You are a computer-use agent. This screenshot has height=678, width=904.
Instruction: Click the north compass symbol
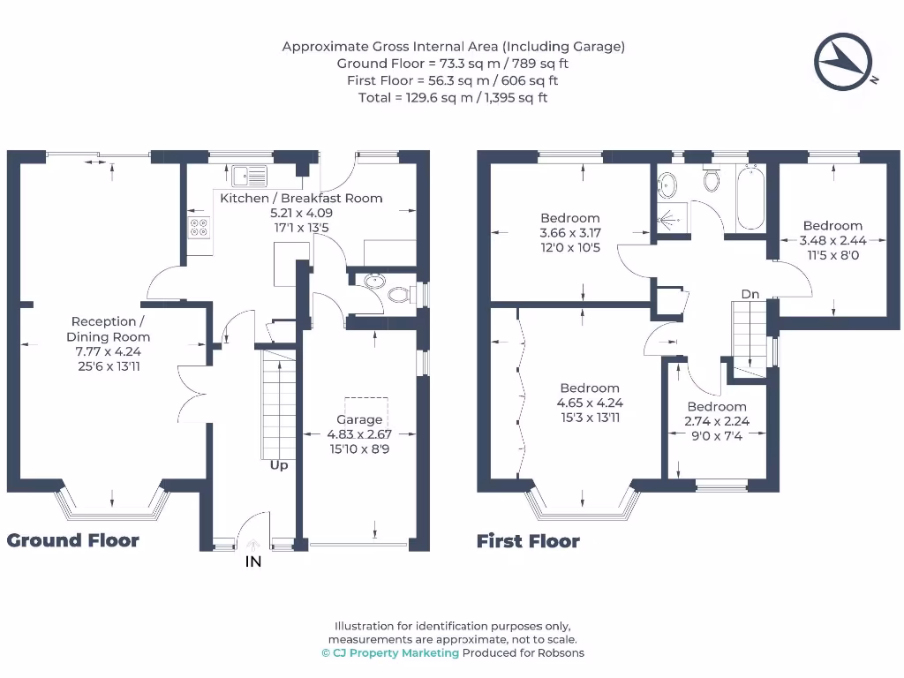pyautogui.click(x=843, y=62)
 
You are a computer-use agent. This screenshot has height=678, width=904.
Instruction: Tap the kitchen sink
pyautogui.click(x=249, y=177)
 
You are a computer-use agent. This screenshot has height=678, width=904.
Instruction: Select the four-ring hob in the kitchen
pyautogui.click(x=199, y=227)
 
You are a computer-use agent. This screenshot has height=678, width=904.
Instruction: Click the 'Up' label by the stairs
pyautogui.click(x=279, y=464)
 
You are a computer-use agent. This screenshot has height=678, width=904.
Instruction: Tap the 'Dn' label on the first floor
pyautogui.click(x=750, y=294)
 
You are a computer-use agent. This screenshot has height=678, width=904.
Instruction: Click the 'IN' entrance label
pyautogui.click(x=253, y=561)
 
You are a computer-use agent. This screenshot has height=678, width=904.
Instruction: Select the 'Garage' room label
pyautogui.click(x=359, y=419)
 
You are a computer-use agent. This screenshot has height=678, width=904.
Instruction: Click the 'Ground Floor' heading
pyautogui.click(x=72, y=540)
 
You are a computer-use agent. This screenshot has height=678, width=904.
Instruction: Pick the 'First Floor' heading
pyautogui.click(x=528, y=541)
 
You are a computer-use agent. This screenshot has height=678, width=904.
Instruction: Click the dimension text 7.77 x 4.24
pyautogui.click(x=109, y=351)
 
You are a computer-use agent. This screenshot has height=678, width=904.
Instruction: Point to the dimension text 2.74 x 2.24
pyautogui.click(x=717, y=421)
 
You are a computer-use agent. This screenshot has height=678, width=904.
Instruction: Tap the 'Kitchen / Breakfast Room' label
pyautogui.click(x=301, y=199)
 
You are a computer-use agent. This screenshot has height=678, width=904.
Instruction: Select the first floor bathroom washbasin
pyautogui.click(x=667, y=185)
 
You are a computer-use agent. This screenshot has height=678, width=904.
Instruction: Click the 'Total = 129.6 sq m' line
pyautogui.click(x=453, y=97)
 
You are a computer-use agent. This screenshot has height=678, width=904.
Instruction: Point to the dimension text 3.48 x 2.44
pyautogui.click(x=832, y=240)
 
